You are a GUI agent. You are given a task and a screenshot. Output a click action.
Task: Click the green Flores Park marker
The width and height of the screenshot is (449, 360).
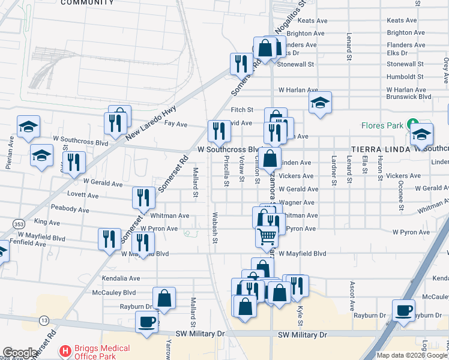pyautogui.click(x=412, y=125)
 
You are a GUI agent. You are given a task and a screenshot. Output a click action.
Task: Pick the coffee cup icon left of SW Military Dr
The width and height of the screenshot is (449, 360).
pyautogui.click(x=146, y=322)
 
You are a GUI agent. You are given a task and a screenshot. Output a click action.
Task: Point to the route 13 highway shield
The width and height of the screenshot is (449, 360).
pyautogui.click(x=44, y=322)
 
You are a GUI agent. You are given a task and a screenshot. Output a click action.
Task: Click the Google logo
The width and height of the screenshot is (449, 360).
pyautogui.click(x=20, y=353)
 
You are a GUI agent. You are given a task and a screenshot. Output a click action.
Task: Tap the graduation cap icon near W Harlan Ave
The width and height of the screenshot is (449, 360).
pyautogui.click(x=321, y=103)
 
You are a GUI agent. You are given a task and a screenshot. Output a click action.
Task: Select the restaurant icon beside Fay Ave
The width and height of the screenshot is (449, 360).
pyautogui.click(x=220, y=131)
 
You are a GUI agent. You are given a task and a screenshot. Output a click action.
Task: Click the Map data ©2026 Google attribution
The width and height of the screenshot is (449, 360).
pyautogui.click(x=411, y=355)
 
